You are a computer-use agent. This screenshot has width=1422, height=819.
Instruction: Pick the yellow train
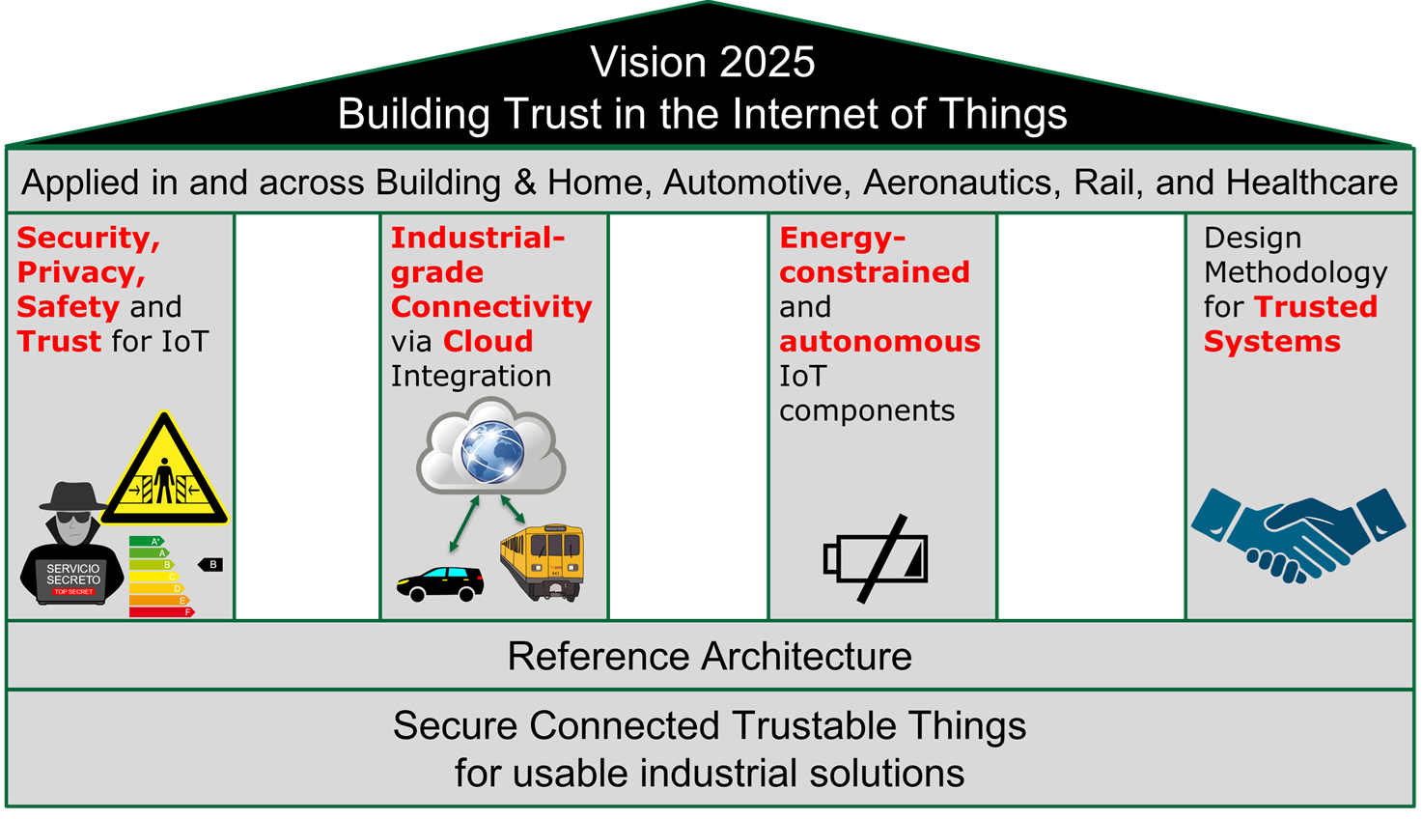(543, 561)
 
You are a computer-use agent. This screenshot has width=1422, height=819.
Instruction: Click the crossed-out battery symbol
(877, 558)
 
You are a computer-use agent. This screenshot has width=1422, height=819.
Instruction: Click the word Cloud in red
(488, 342)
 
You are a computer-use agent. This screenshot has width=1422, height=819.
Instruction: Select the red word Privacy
(80, 272)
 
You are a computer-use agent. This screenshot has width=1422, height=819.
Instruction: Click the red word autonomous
(879, 342)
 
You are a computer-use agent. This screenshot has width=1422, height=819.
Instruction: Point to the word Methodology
(1295, 272)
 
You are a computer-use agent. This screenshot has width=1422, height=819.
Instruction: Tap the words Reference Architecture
(710, 657)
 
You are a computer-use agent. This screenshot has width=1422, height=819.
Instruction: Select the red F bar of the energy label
(161, 612)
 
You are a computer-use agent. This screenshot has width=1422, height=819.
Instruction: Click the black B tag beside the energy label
(211, 565)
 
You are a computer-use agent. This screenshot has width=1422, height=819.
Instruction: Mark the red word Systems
(1271, 342)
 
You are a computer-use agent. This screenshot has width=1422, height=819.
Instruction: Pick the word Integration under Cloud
(470, 377)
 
